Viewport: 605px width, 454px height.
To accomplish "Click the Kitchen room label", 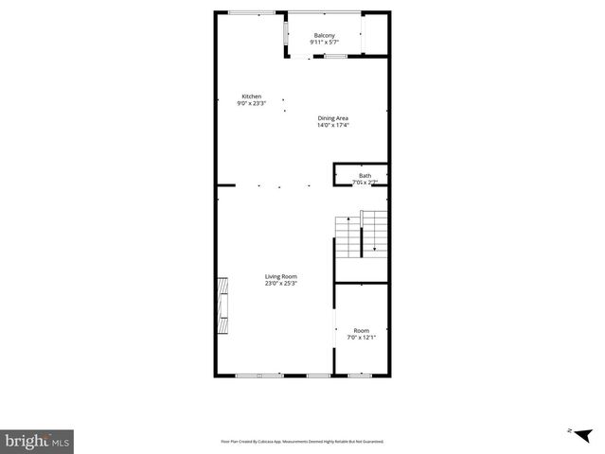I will coord(251,96).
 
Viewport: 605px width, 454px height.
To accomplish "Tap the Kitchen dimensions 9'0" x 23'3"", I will coord(251,103).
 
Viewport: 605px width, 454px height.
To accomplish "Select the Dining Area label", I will coord(332,117).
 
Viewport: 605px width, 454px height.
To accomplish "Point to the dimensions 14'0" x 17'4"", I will coord(332,124).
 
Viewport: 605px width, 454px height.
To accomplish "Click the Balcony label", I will coord(325,36).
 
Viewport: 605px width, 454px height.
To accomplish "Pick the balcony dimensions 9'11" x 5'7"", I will coord(325,43).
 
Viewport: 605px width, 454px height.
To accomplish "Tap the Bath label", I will coord(365,175).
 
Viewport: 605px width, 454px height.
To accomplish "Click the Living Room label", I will coord(280,276).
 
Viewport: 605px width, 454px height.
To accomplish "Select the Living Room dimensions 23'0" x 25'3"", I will coord(280,283).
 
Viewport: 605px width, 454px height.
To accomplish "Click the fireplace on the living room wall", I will coord(222,306).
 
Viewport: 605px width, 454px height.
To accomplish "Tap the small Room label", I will coord(362,330).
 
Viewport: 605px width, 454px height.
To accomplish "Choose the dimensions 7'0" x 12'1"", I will coord(362,337).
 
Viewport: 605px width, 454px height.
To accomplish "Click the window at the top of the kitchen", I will coord(253,12).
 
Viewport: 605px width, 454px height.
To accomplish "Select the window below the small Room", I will coord(360,375).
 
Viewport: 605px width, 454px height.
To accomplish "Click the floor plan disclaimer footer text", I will coord(302,441).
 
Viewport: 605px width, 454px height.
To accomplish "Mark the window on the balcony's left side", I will coord(287,34).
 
